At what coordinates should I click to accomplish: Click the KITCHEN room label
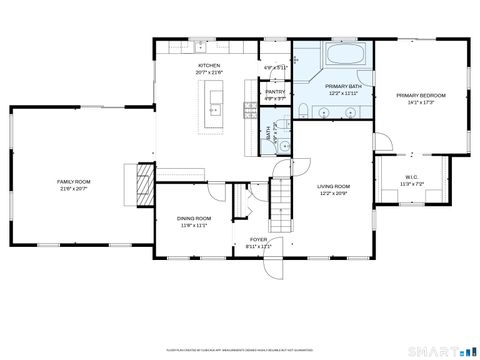(x=209, y=64)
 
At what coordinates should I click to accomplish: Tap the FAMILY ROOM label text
(x=73, y=181)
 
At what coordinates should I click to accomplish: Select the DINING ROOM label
(x=194, y=218)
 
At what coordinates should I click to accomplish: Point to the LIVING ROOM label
(x=333, y=186)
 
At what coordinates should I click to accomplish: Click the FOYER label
(x=259, y=239)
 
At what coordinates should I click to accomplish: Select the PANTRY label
(x=275, y=92)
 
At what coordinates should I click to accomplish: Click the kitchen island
(x=214, y=105)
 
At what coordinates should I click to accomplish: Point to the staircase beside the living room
(x=283, y=200)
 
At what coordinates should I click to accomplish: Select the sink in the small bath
(x=284, y=146)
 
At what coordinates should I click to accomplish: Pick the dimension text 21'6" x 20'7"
(x=73, y=188)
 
